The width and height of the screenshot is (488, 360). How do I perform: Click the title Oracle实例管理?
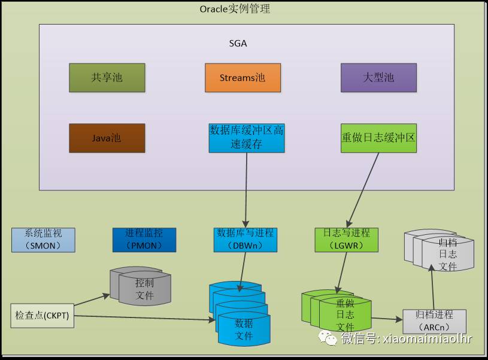235,9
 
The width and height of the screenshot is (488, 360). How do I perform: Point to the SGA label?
238,44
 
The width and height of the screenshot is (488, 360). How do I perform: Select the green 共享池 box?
107,77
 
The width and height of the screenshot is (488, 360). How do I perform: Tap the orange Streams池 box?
243,77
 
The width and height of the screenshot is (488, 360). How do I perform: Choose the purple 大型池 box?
378,77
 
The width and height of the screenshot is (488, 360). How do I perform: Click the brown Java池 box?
107,138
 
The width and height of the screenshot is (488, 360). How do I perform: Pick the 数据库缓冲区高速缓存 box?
247,138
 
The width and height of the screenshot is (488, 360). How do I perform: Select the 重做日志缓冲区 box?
378,138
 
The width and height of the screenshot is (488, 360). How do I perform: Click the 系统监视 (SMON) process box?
43,240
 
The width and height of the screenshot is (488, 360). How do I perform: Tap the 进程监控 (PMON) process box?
144,240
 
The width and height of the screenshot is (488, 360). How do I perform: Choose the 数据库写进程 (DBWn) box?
245,240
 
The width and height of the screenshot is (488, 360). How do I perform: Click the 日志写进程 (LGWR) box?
347,240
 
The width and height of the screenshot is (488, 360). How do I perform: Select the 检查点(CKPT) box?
43,316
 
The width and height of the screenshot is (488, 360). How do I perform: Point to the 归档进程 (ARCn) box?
435,322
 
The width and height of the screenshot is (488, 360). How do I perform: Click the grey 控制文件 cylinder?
140,286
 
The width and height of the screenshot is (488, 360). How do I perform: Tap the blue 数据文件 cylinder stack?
240,314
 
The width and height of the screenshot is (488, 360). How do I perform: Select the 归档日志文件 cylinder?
439,250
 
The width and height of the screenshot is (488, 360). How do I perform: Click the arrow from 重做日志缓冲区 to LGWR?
363,190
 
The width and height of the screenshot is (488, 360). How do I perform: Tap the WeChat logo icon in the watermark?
328,338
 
